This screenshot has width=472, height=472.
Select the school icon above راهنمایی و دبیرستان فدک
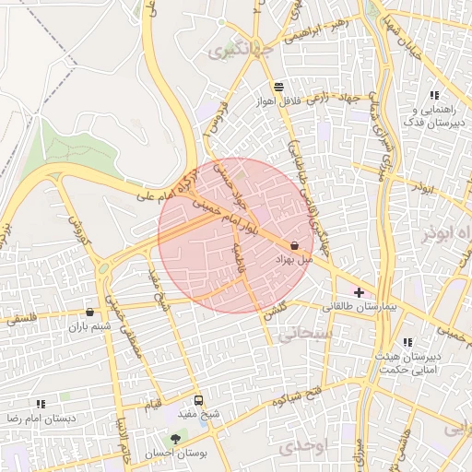[x=434, y=95]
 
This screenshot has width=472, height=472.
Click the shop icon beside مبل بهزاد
[x=294, y=246]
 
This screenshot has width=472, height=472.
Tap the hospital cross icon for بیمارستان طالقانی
[x=359, y=292]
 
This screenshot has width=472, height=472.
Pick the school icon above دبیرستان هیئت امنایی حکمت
[x=407, y=343]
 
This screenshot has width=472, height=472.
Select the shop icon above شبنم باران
[x=89, y=313]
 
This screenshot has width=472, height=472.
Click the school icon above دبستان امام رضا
[x=41, y=404]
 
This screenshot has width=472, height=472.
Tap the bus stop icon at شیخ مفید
[x=198, y=400]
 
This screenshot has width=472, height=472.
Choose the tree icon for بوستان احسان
[x=175, y=439]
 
